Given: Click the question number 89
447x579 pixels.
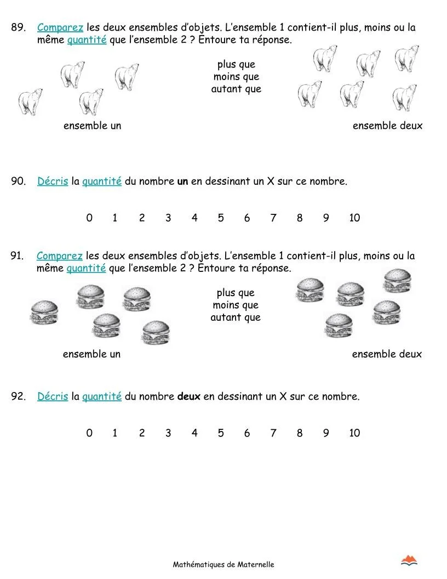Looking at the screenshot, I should [18, 27].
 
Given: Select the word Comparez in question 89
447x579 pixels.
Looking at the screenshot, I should [60, 27].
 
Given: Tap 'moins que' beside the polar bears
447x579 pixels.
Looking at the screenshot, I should [236, 77].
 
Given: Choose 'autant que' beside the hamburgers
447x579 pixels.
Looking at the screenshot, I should [236, 317].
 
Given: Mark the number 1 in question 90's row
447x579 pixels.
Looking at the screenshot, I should [115, 218].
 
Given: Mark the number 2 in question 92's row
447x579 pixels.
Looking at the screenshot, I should [142, 433].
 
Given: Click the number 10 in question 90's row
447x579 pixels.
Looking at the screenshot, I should [354, 218].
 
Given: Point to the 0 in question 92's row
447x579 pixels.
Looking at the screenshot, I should [89, 433].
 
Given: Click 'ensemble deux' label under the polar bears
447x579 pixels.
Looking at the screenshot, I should [387, 126].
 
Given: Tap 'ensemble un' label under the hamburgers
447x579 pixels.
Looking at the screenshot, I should [91, 354].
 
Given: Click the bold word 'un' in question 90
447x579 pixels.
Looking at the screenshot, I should [182, 181].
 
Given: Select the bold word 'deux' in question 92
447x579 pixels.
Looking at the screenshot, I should [189, 396].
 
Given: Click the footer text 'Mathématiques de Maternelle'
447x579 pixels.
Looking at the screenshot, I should [224, 564].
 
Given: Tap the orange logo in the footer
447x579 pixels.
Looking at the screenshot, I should [409, 560].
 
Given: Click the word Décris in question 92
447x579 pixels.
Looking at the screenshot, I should [53, 396].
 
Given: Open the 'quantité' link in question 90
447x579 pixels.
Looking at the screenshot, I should [102, 181].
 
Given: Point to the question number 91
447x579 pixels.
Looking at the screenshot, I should [18, 256].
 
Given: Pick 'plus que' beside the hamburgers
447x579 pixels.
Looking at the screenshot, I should [236, 293].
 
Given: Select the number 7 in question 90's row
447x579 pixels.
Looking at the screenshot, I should [273, 218].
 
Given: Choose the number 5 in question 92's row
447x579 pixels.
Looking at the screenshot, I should [221, 433].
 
